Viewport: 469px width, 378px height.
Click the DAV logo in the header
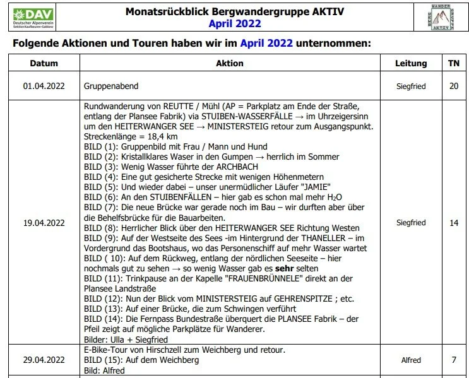pyautogui.click(x=33, y=18)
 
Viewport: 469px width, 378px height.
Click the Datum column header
pyautogui.click(x=44, y=63)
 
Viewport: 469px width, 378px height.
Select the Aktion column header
pyautogui.click(x=229, y=63)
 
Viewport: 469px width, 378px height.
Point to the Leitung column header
pyautogui.click(x=411, y=63)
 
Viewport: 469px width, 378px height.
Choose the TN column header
pyautogui.click(x=454, y=63)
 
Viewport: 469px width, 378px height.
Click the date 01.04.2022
pyautogui.click(x=44, y=85)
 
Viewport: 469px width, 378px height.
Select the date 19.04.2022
pyautogui.click(x=44, y=223)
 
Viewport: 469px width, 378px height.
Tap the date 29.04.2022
pyautogui.click(x=44, y=360)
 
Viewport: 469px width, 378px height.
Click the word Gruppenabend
pyautogui.click(x=111, y=85)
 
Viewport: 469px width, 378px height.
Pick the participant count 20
pyautogui.click(x=454, y=85)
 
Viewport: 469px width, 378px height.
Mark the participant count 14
pyautogui.click(x=454, y=223)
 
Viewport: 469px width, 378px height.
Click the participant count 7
pyautogui.click(x=454, y=360)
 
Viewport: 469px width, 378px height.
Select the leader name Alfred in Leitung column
pyautogui.click(x=411, y=360)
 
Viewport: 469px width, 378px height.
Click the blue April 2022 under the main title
pyautogui.click(x=235, y=25)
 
